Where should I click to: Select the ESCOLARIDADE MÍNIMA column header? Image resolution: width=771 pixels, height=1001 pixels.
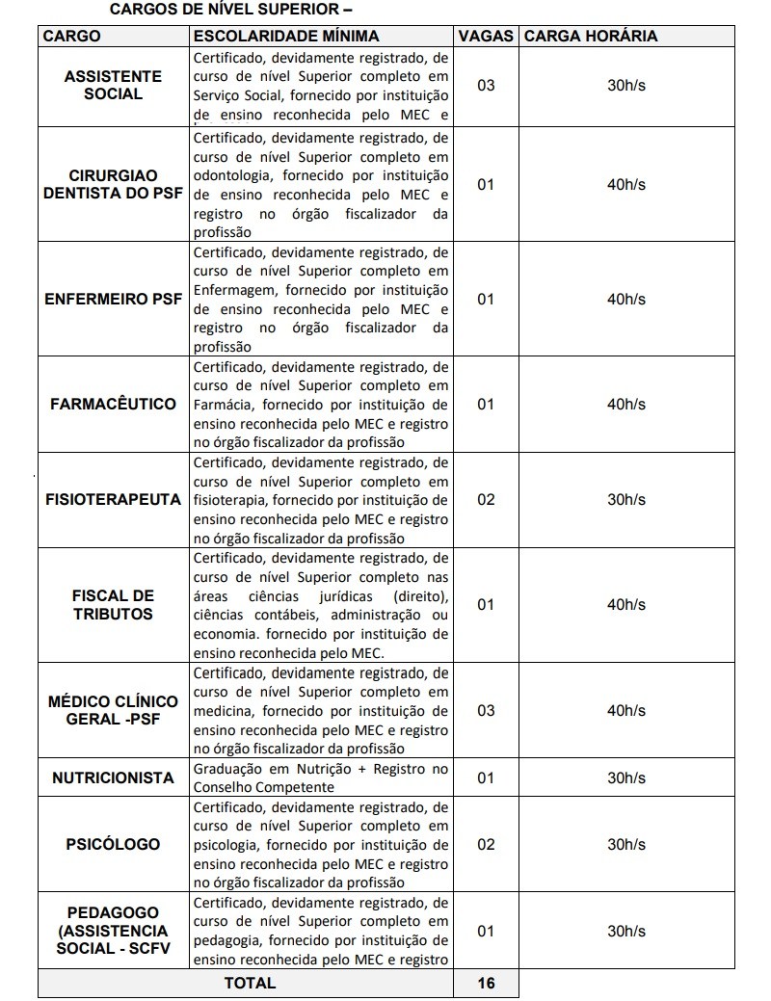286,36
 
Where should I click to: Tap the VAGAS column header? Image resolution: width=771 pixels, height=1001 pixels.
486,36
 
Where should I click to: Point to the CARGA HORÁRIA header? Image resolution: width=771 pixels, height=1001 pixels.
590,36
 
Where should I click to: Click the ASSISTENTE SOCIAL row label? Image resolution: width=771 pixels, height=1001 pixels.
113,85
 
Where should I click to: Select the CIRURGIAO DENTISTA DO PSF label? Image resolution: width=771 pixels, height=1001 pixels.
113,184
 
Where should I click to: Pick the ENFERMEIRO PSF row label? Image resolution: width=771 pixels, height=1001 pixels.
113,299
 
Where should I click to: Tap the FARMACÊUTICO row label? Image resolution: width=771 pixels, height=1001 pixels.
113,404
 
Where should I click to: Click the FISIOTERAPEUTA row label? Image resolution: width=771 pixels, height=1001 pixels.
113,500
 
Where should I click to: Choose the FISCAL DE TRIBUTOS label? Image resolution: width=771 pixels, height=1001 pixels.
113,604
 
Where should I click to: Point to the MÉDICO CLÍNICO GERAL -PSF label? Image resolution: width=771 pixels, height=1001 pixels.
113,710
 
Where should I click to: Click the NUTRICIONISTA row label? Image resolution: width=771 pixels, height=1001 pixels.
113,777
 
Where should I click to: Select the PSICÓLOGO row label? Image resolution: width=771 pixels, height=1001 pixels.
113,844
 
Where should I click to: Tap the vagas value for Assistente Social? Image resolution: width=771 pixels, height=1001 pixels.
486,85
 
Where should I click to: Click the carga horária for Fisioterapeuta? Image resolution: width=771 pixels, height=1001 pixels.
626,500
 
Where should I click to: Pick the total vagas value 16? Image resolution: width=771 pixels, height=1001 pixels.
486,983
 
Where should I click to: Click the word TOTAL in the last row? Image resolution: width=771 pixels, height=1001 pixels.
250,983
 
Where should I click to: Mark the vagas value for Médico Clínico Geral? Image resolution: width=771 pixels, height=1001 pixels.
486,710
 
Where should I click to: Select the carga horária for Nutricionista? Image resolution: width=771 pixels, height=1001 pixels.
626,777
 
